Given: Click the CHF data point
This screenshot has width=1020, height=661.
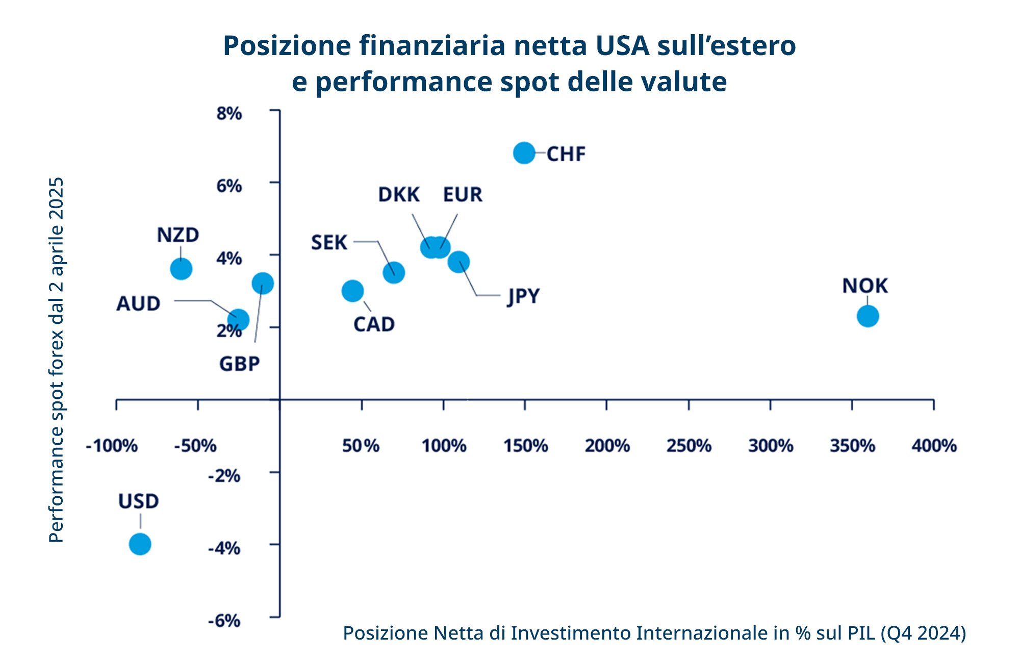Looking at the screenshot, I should point(524,152).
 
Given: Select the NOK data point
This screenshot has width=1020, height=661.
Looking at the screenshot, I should point(868,316).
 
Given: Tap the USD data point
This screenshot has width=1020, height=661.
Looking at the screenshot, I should point(140,544).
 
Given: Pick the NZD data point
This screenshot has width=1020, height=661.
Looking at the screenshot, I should point(181,269).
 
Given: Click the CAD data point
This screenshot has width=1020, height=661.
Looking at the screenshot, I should point(352,291).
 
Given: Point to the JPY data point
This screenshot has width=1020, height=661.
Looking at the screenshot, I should point(458,262).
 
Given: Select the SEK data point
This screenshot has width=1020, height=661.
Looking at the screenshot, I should point(394,272).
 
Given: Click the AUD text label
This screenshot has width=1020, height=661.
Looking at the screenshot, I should point(138,304).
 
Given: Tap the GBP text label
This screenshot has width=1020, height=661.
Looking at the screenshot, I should point(240,364).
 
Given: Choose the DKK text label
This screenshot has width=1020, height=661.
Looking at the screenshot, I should point(399,195).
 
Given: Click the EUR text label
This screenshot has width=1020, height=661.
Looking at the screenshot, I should point(463,195).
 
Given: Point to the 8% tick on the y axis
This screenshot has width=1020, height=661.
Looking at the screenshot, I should point(229,114).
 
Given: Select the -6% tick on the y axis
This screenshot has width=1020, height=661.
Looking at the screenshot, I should point(224,621).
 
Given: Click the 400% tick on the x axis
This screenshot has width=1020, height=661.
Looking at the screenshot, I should point(934,446).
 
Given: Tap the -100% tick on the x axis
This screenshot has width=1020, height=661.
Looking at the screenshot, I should point(112,446).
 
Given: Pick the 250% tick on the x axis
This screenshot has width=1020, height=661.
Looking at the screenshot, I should point(688,446).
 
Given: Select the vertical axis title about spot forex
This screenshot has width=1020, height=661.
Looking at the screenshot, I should point(57,360).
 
